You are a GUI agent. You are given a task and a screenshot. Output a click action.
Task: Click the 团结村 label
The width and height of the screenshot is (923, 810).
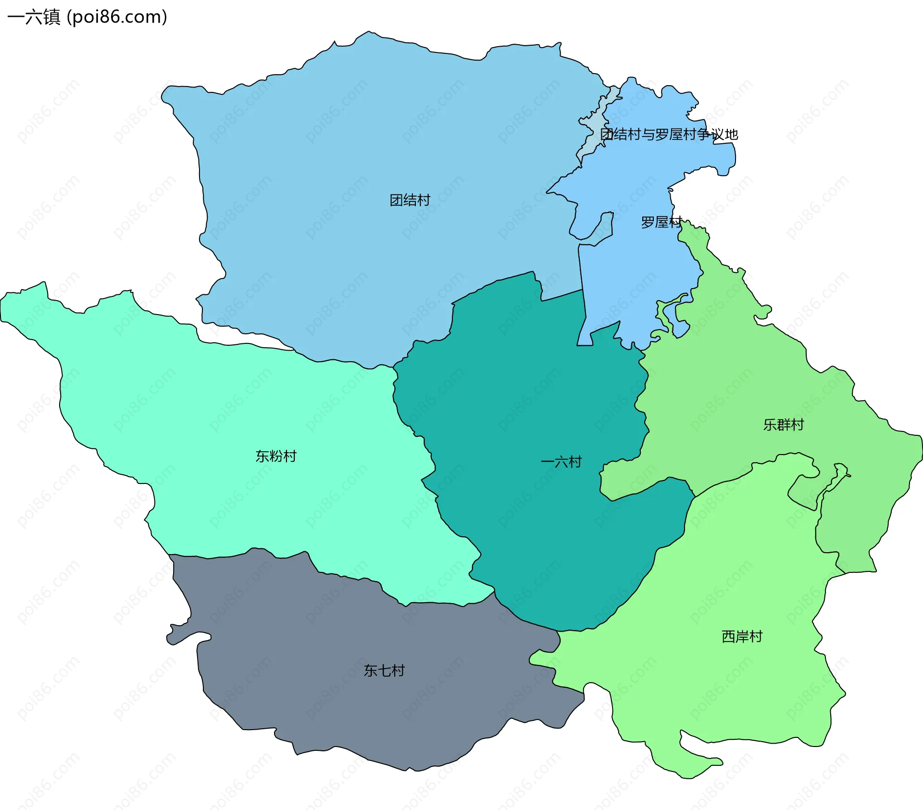[410, 200]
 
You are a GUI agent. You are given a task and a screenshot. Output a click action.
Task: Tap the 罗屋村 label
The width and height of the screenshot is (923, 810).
[661, 222]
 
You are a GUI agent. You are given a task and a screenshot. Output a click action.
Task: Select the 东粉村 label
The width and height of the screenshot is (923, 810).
[276, 456]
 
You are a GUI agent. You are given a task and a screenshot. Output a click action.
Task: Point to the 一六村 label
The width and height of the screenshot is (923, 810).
[561, 462]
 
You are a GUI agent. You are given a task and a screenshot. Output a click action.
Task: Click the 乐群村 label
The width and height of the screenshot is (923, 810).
[784, 425]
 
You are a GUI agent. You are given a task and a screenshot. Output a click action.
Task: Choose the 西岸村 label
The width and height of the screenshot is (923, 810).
[742, 636]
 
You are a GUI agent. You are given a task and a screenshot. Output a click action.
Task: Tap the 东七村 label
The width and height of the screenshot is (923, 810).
[384, 671]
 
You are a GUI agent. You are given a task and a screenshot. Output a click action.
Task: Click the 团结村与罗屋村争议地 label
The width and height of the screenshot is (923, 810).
[669, 134]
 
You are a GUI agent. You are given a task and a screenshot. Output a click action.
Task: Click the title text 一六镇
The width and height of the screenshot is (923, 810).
[34, 17]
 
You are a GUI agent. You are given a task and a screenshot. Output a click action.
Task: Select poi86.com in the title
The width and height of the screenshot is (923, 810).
[117, 17]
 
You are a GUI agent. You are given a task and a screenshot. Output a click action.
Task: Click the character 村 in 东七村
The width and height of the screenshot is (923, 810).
[398, 671]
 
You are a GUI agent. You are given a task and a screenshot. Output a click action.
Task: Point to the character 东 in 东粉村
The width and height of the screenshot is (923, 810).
[262, 456]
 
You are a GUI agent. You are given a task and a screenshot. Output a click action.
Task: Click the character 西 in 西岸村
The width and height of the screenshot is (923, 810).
[729, 636]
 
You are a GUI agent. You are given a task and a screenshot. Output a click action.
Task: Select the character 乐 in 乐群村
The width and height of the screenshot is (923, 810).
[770, 425]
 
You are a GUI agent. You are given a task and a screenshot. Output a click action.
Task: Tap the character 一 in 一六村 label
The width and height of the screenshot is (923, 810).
[548, 462]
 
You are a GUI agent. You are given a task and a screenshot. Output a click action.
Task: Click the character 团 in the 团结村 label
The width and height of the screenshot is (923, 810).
[396, 200]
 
